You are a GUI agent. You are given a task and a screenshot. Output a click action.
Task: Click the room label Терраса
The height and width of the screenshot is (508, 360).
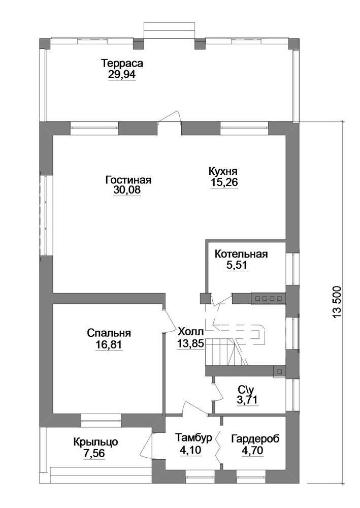(122, 63)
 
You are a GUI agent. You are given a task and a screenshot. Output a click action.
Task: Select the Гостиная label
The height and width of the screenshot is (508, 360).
(128, 179)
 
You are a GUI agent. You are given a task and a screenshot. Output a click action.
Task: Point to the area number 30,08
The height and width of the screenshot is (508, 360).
(127, 189)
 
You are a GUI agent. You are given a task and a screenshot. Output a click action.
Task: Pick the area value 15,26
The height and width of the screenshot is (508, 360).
(224, 182)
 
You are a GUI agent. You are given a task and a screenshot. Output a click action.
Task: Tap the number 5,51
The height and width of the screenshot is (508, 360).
(237, 265)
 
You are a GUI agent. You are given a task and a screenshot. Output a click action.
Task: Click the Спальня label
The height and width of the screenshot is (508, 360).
(109, 333)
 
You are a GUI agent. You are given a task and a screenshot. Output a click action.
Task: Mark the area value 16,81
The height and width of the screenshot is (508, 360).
(109, 345)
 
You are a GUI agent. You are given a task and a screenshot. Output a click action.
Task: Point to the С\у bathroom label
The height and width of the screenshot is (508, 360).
(247, 389)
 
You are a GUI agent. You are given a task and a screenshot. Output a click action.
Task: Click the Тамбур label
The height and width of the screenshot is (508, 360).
(193, 438)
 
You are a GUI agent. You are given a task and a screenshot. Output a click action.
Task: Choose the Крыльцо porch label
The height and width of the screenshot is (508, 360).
(95, 441)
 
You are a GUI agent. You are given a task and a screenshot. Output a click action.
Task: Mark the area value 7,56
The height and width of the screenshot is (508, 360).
(94, 453)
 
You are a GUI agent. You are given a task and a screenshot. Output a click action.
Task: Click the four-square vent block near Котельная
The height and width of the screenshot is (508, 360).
(267, 298)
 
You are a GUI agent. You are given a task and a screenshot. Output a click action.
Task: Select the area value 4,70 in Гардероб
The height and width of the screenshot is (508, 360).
(252, 450)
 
